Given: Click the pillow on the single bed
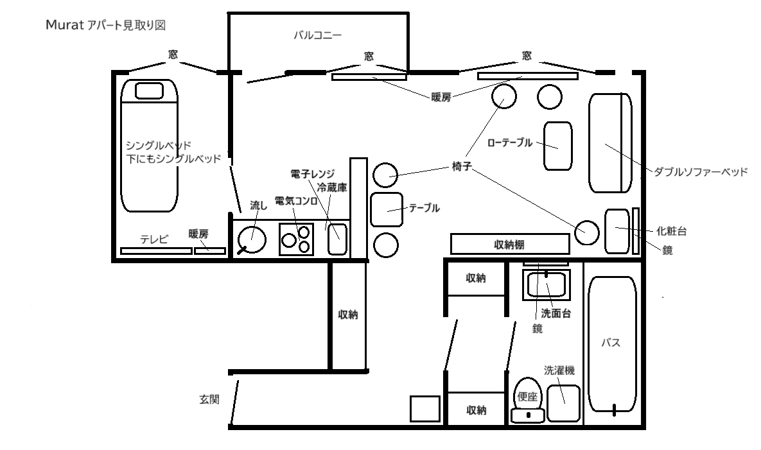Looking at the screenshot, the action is click(149, 91).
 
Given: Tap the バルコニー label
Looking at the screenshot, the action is click(318, 35).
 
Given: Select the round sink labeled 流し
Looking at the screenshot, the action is click(252, 239).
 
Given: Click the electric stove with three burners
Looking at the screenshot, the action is click(296, 239).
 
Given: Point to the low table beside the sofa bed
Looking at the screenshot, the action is click(557, 146).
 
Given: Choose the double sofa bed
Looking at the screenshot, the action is click(610, 143).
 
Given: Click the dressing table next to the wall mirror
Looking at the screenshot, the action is click(617, 231).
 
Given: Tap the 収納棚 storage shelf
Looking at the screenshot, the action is click(510, 244).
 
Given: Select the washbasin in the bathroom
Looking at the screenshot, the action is click(546, 285).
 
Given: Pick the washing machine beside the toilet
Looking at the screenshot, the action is click(563, 403).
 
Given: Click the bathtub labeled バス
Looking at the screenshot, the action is click(611, 344).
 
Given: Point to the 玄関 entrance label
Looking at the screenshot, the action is click(209, 399).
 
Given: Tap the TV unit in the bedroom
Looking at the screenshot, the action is click(156, 251).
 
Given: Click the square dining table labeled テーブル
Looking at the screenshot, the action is click(387, 209).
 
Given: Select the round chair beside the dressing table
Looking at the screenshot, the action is click(587, 232).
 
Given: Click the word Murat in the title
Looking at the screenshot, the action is click(65, 25).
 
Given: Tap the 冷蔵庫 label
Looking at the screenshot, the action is click(332, 187).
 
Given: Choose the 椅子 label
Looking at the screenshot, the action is click(462, 166).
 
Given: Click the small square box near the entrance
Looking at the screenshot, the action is click(425, 409).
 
